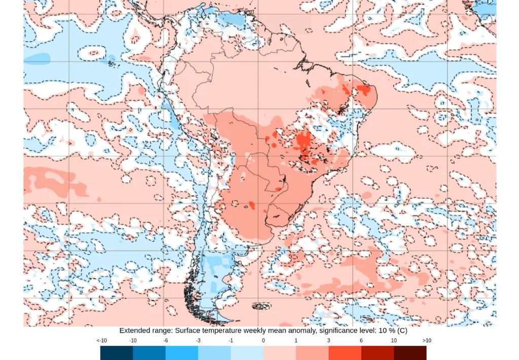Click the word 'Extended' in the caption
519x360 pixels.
134,331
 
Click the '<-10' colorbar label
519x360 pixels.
101,341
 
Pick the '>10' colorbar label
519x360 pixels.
426,341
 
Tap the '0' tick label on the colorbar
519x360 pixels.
263,341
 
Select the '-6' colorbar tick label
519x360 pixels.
165,341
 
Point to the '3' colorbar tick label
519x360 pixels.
328,341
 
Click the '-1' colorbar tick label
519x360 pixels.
231,341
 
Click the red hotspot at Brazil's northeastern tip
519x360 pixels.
363,90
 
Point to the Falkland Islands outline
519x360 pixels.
262,306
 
